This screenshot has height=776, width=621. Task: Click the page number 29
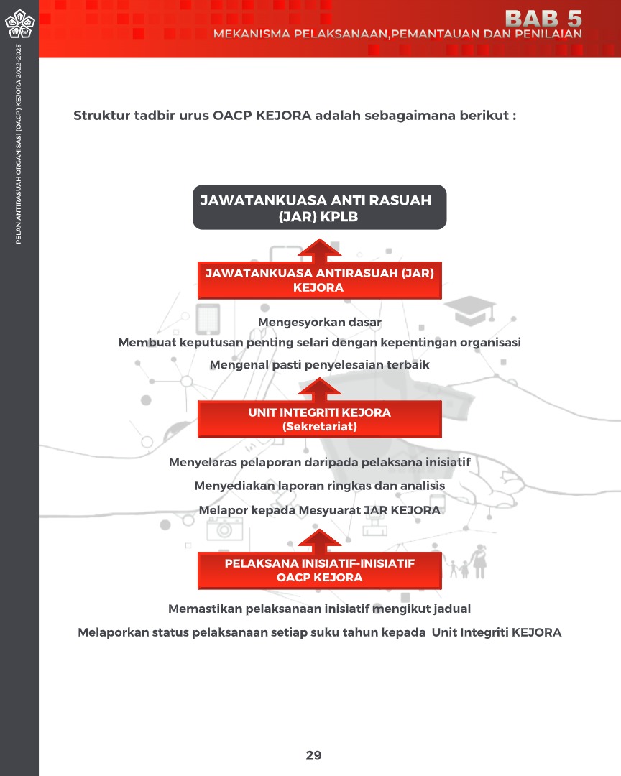click(x=313, y=755)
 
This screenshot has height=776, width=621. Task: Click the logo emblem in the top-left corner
click(x=19, y=24)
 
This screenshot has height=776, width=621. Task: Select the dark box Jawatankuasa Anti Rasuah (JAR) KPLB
click(x=319, y=208)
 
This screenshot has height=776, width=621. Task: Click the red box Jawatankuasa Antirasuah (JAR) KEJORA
click(x=319, y=280)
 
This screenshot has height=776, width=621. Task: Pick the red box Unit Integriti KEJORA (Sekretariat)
click(x=319, y=420)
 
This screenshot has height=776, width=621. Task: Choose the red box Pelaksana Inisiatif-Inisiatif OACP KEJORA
click(x=319, y=571)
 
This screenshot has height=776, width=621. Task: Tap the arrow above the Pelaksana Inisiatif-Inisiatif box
click(x=319, y=540)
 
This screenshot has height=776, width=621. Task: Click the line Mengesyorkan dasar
click(x=319, y=322)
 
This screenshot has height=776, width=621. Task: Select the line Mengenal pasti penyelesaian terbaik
click(x=319, y=365)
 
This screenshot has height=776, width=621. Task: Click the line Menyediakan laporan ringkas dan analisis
click(x=319, y=486)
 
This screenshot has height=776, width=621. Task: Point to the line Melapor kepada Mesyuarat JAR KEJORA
click(x=319, y=510)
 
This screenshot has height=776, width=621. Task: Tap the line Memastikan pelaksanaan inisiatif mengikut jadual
click(x=319, y=609)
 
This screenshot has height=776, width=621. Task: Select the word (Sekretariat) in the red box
click(x=319, y=427)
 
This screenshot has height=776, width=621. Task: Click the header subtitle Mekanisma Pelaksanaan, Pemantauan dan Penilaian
click(x=397, y=34)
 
